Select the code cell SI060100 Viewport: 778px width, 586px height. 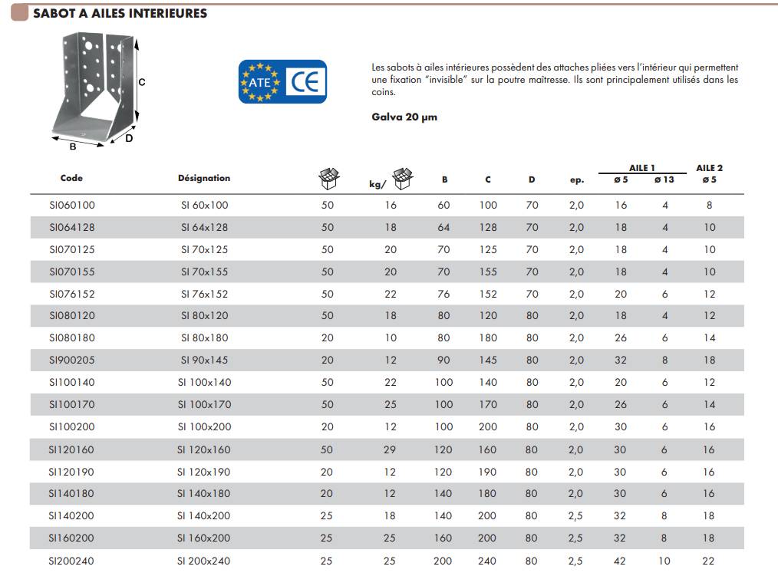(x=72, y=205)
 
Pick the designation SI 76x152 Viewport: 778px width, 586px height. (x=204, y=294)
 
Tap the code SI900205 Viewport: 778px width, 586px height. (x=72, y=360)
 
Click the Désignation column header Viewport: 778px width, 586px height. (x=204, y=178)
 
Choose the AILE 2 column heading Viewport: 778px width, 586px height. (x=709, y=168)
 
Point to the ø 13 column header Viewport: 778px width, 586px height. (x=664, y=180)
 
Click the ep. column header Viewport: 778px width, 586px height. (x=577, y=180)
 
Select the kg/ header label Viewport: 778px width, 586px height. (x=377, y=184)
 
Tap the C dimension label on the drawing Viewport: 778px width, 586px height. (x=142, y=82)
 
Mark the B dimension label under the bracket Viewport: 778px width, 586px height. (x=72, y=146)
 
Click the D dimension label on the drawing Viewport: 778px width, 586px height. (x=129, y=139)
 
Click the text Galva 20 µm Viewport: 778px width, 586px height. (x=404, y=117)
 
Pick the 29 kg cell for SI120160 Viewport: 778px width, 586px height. (x=390, y=449)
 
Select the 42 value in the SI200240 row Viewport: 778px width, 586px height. (x=620, y=561)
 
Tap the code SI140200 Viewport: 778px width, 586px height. (x=72, y=516)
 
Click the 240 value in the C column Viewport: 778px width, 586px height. (x=487, y=561)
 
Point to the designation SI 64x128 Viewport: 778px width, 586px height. (x=204, y=227)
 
